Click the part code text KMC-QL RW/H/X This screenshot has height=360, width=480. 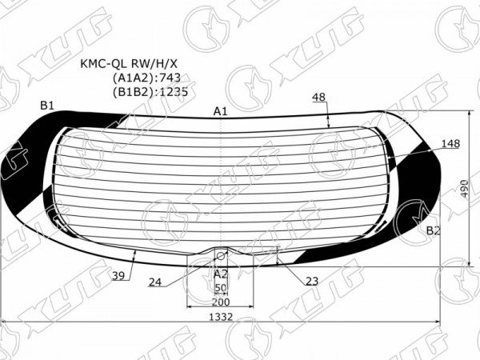pos(129,64)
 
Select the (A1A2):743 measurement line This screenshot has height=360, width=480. pos(146,78)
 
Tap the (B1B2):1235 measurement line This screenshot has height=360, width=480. pos(150,92)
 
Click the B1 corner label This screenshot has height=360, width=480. pos(47,106)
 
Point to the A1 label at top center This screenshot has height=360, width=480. pos(221,111)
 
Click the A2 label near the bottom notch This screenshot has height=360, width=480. pos(221,274)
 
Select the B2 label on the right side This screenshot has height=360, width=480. pos(433,230)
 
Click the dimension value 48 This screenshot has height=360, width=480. pos(318,97)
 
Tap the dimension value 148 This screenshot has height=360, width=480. pos(450,143)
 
